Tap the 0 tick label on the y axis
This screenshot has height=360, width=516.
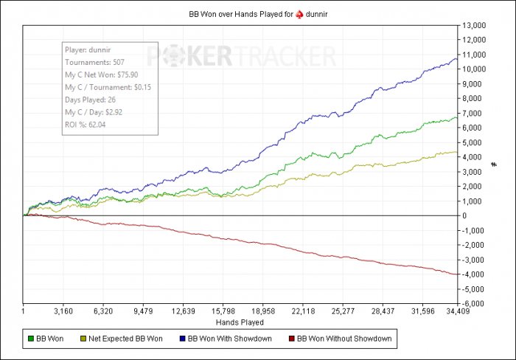(465, 215)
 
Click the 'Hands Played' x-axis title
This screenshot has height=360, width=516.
(240, 322)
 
